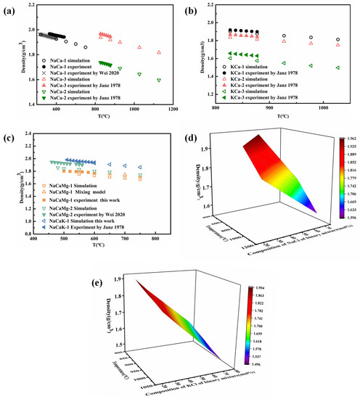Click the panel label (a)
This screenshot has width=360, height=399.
click(10, 10)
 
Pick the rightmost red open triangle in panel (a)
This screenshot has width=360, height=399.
click(159, 52)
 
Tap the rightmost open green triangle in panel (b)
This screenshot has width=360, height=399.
click(337, 68)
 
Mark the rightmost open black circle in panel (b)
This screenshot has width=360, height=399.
click(337, 39)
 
